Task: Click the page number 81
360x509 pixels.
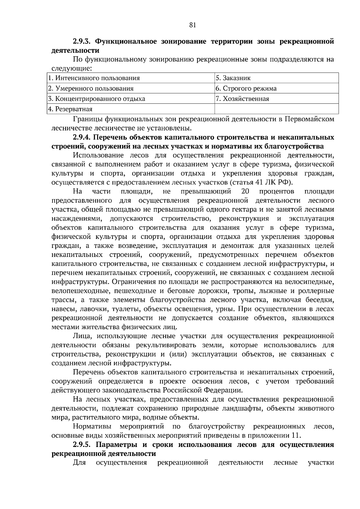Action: tap(193, 25)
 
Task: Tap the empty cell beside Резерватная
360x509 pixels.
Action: tap(276, 109)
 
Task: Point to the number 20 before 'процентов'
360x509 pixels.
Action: tap(245, 192)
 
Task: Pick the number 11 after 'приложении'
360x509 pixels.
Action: tap(295, 435)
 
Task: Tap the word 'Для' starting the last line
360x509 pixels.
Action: tap(79, 463)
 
